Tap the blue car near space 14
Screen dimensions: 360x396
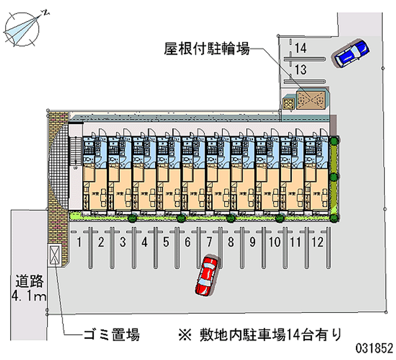(351, 52)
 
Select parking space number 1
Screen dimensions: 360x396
(79, 242)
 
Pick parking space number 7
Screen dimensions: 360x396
(209, 242)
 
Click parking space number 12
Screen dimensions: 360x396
(317, 242)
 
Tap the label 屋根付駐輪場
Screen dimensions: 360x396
(207, 49)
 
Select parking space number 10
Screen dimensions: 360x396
(274, 242)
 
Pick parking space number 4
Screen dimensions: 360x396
(144, 242)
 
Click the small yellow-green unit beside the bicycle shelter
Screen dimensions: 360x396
(288, 102)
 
